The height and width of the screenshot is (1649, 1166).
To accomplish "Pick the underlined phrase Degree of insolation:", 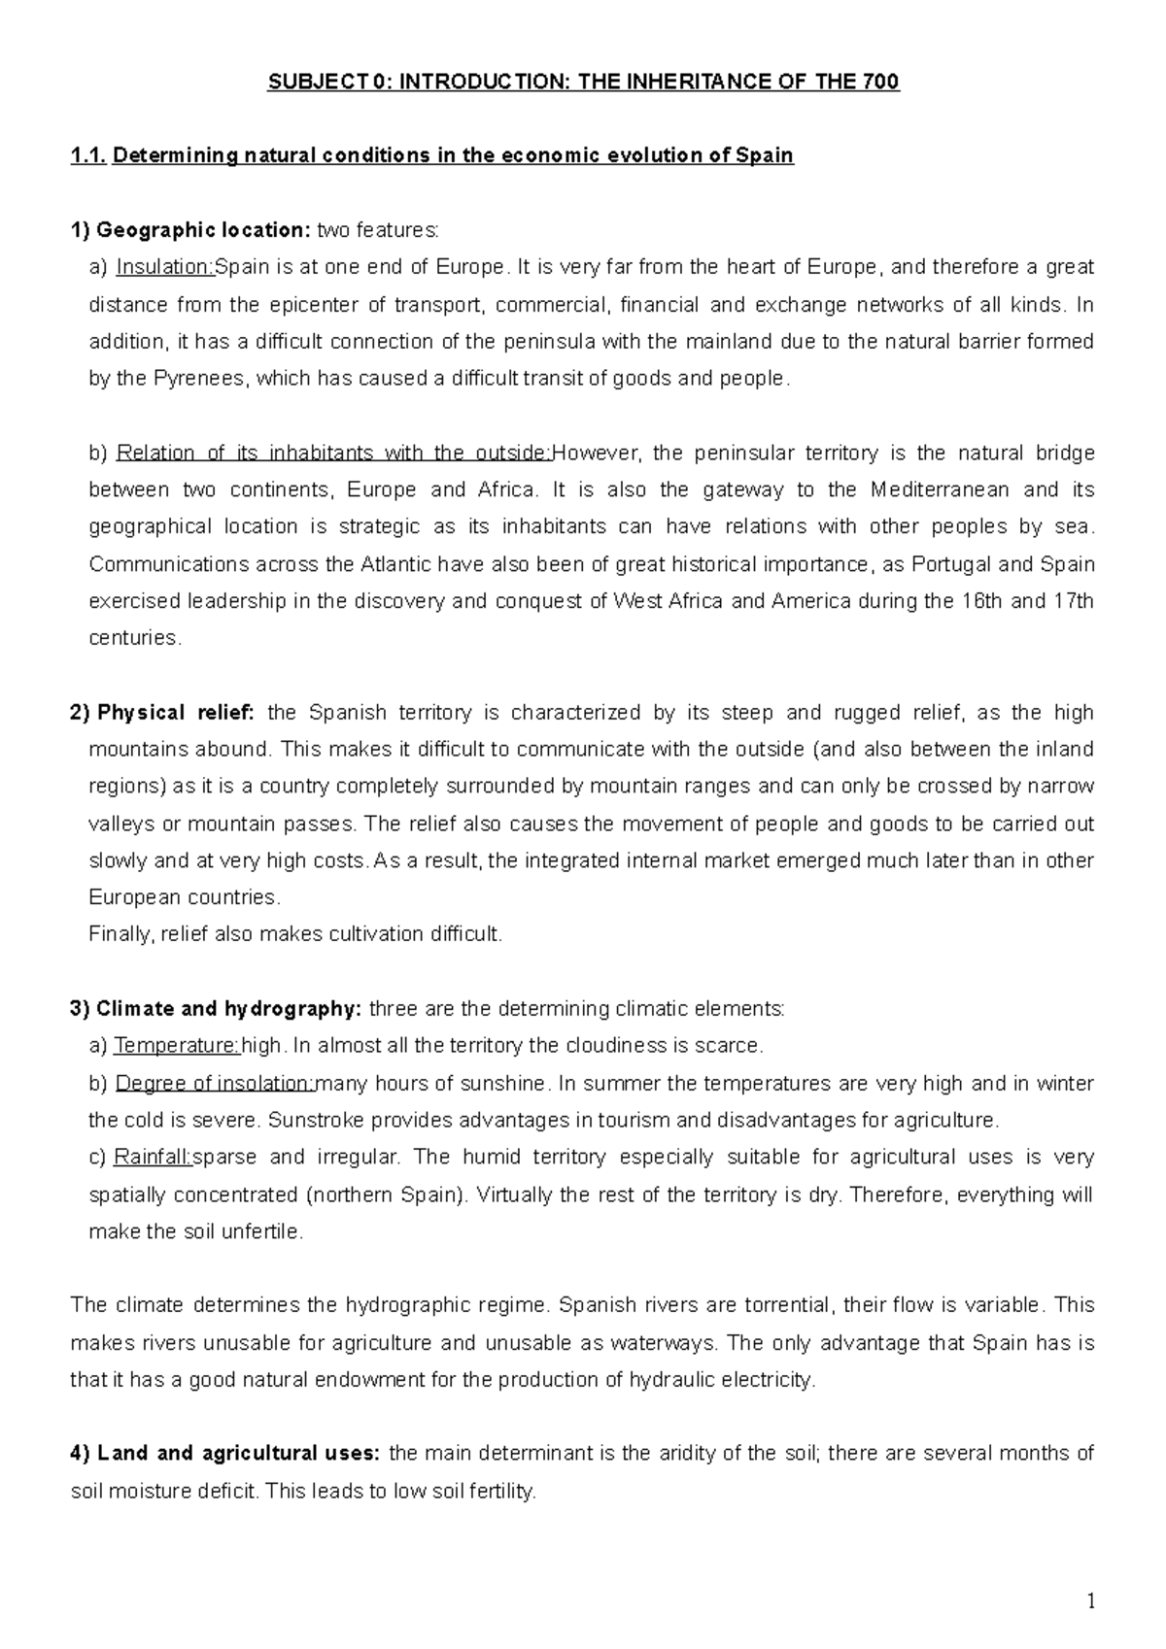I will [216, 1083].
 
